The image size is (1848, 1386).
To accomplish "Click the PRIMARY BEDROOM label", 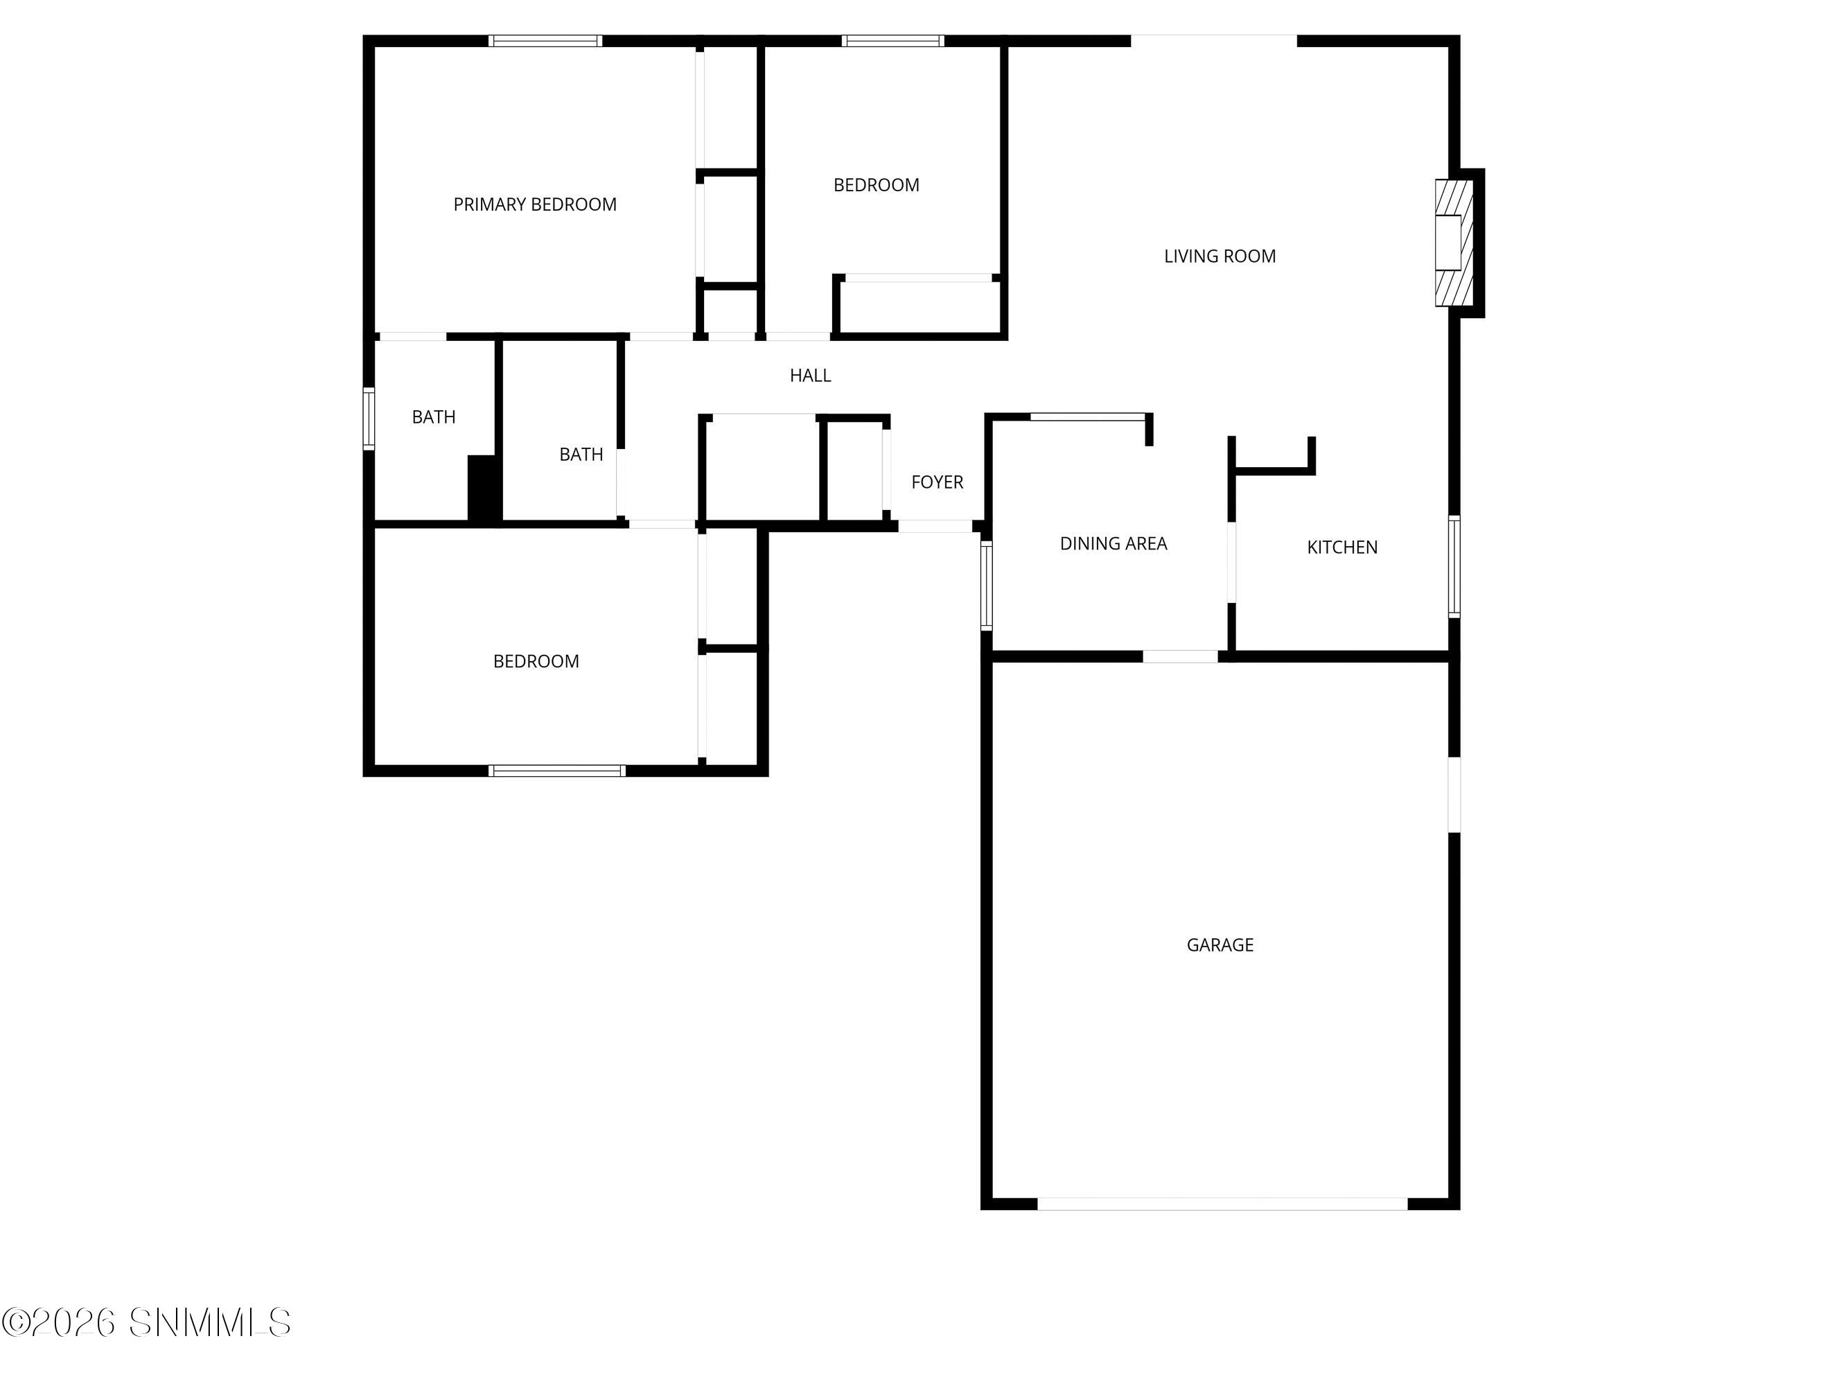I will click(x=535, y=204).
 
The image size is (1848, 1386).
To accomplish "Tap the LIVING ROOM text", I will click(x=1220, y=256).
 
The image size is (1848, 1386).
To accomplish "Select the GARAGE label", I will click(x=1220, y=945).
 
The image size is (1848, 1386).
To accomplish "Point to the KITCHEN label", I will click(x=1341, y=547).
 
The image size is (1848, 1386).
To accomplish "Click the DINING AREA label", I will click(x=1113, y=544).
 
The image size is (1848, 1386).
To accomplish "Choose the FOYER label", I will click(x=937, y=482).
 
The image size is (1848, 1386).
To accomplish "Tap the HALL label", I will click(x=809, y=376).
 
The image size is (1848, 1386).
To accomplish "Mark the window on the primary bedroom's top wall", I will click(x=545, y=40).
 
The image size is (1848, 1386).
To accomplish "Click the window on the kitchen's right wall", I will click(x=1454, y=566).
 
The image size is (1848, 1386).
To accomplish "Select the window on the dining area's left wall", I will click(x=986, y=584).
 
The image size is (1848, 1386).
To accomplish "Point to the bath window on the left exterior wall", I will click(x=369, y=419).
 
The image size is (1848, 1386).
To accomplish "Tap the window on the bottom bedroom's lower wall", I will click(x=556, y=771).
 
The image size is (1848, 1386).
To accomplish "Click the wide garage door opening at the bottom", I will click(x=1222, y=1204).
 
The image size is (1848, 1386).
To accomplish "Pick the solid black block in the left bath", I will click(x=483, y=489).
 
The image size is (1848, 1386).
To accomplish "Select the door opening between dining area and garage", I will click(x=1179, y=657).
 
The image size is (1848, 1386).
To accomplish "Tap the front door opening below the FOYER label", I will click(x=935, y=526).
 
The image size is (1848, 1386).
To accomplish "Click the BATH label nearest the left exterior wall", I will click(x=434, y=417).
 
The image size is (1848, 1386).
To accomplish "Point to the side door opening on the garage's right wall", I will click(x=1454, y=793).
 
